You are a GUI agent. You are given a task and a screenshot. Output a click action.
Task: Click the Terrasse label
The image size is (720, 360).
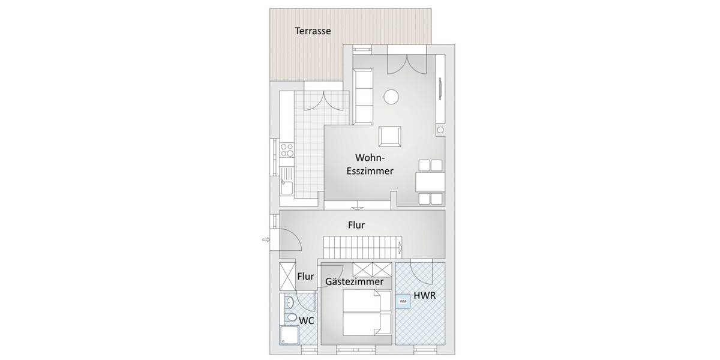[x=313, y=31]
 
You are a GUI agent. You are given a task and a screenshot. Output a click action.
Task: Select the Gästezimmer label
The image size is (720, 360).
[x=354, y=281]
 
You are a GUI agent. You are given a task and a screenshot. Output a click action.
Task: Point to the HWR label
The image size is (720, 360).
[x=424, y=296]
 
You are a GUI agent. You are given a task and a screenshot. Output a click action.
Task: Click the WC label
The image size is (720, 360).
[x=307, y=321]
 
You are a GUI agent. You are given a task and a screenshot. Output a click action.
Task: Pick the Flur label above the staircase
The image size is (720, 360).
[x=356, y=226]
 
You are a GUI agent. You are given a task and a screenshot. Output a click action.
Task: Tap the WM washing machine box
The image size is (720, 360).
[x=403, y=301]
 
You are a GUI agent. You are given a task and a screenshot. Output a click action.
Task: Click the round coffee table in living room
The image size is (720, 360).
[x=392, y=97]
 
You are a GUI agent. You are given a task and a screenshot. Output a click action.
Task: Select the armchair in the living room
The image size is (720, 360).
[x=391, y=136]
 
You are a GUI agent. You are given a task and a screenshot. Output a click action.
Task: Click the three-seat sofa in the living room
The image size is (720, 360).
[x=363, y=96]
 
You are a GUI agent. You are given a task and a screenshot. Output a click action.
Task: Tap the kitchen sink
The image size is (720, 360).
[x=286, y=188]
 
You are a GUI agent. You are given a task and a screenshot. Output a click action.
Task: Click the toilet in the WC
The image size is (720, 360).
[x=290, y=317]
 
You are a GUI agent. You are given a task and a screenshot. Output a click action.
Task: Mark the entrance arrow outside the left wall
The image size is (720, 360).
[x=266, y=241]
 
